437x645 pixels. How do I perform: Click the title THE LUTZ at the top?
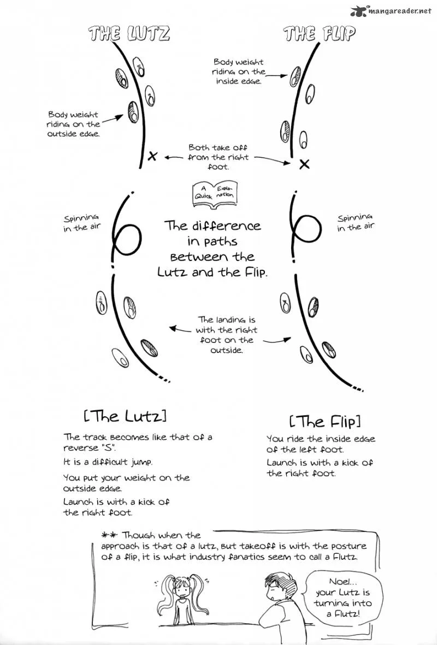coord(129,33)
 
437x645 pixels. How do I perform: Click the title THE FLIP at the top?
coord(319,33)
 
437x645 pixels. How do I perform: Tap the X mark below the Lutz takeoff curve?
coord(152,156)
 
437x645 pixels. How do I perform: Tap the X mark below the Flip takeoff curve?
coord(304,164)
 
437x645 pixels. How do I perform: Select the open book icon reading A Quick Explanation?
coord(214,191)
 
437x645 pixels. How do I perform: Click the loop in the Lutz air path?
coord(128,239)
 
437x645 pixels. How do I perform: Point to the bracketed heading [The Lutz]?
coord(125,416)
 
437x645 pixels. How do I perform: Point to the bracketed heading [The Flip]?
coord(325,421)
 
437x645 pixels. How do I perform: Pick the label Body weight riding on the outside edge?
coord(74,124)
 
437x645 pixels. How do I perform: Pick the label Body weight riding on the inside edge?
coord(239,72)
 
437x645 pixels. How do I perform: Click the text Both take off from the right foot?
coord(218,157)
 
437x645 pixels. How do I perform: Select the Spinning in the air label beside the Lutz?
coord(81,222)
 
